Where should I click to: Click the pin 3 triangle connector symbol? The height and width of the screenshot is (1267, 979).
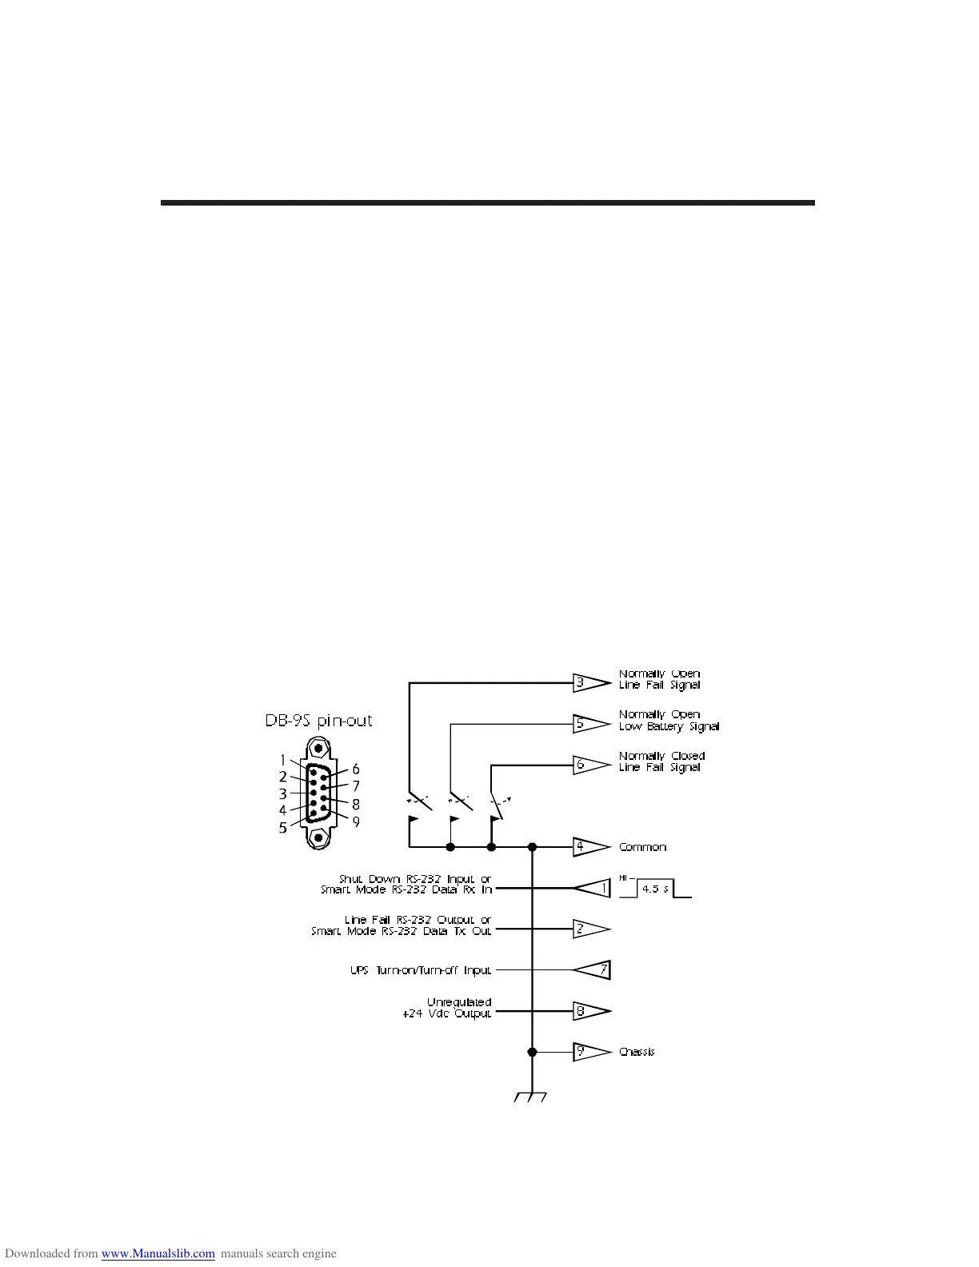(x=590, y=683)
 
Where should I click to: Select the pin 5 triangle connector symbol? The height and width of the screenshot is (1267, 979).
(x=590, y=724)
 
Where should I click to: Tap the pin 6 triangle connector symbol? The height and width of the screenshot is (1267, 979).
(x=590, y=765)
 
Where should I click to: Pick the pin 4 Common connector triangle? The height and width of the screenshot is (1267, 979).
(x=590, y=847)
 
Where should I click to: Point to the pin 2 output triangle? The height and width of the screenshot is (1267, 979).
(x=590, y=929)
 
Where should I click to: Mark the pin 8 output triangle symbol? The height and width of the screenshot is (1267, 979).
(x=590, y=1011)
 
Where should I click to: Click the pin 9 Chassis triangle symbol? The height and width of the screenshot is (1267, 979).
(x=590, y=1052)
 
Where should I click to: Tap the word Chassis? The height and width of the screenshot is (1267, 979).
(x=637, y=1052)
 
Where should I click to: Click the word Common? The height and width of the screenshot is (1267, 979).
(x=642, y=847)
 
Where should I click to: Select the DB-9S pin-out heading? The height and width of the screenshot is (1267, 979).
(x=318, y=721)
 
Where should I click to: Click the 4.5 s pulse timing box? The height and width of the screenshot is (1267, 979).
(x=655, y=889)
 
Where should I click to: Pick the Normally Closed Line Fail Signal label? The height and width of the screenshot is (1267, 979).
(x=661, y=761)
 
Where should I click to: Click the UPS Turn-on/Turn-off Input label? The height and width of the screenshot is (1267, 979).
(x=421, y=970)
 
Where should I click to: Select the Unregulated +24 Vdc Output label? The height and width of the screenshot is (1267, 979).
(x=447, y=1008)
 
